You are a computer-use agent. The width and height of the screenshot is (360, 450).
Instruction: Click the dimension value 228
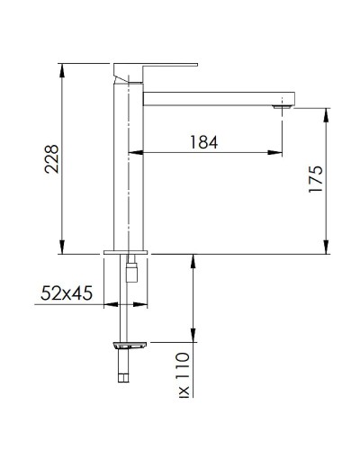pyautogui.click(x=50, y=160)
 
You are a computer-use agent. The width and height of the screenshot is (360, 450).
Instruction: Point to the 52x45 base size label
pyautogui.click(x=65, y=292)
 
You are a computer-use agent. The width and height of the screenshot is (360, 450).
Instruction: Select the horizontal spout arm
pyautogui.click(x=216, y=98)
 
